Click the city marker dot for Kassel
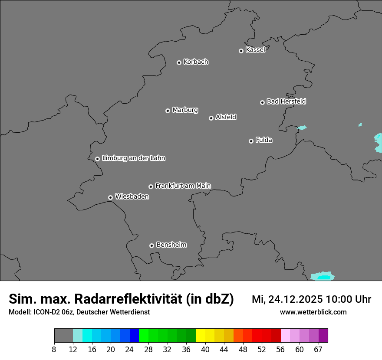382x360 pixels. pyautogui.click(x=241, y=51)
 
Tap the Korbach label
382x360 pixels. pyautogui.click(x=196, y=62)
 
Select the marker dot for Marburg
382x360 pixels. pyautogui.click(x=168, y=111)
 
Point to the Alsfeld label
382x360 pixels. pyautogui.click(x=226, y=117)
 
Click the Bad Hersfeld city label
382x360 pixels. pyautogui.click(x=286, y=101)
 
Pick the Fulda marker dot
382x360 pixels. pyautogui.click(x=251, y=141)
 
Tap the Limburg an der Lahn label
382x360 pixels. pyautogui.click(x=133, y=158)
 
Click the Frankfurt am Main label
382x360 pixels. pyautogui.click(x=183, y=186)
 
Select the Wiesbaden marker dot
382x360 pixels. pyautogui.click(x=110, y=197)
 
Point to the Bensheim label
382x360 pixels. pyautogui.click(x=171, y=245)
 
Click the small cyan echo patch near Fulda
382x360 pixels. pyautogui.click(x=302, y=128)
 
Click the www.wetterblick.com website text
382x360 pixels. pyautogui.click(x=313, y=312)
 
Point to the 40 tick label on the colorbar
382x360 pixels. pyautogui.click(x=205, y=350)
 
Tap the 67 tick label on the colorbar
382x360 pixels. pyautogui.click(x=318, y=350)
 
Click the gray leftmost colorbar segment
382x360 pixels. pyautogui.click(x=63, y=335)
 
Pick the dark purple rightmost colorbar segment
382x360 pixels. pyautogui.click(x=323, y=335)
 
